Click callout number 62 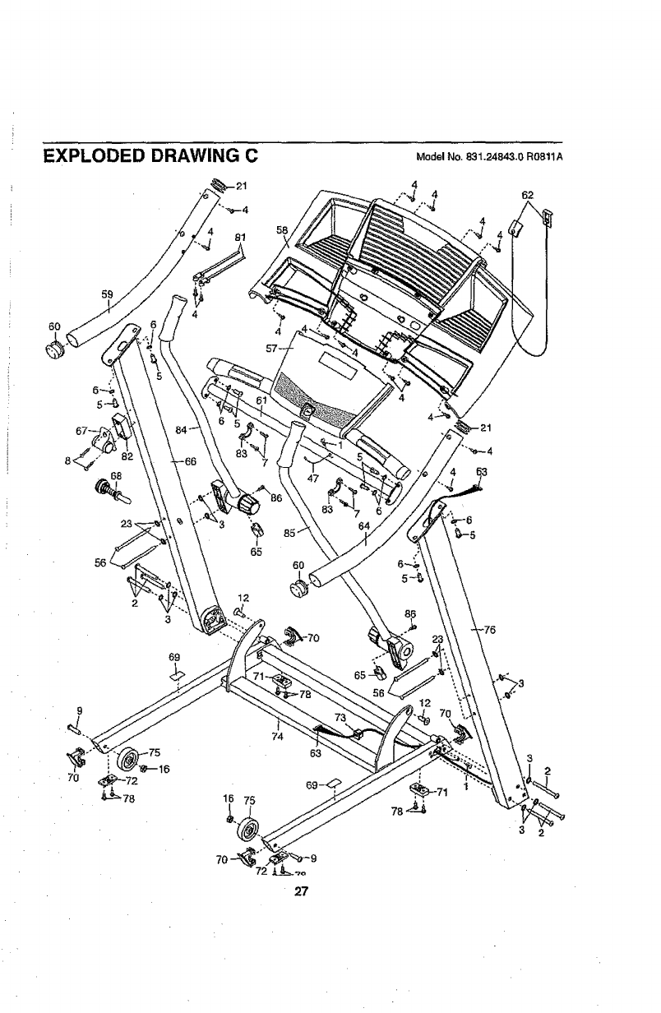pos(528,196)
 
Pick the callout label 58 pos(281,230)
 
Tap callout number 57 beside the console pos(275,348)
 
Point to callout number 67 pos(81,430)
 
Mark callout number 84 pos(183,428)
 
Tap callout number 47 pos(313,478)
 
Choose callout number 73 pos(340,717)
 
